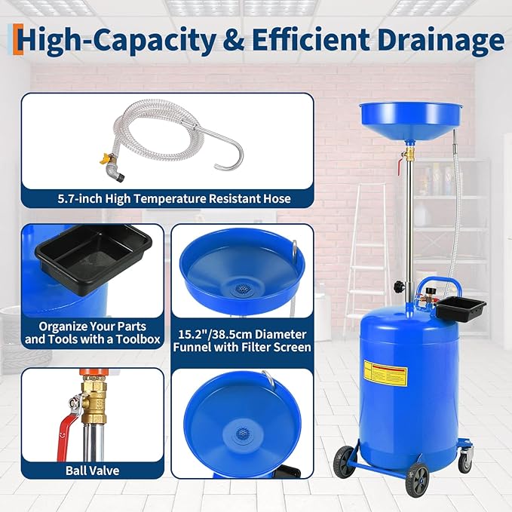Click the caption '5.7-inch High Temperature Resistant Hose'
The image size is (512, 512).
(x=167, y=199)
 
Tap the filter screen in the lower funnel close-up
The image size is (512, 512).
(x=241, y=434)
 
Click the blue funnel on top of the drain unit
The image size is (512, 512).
(x=403, y=115)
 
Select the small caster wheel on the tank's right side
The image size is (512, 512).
(x=467, y=454)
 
